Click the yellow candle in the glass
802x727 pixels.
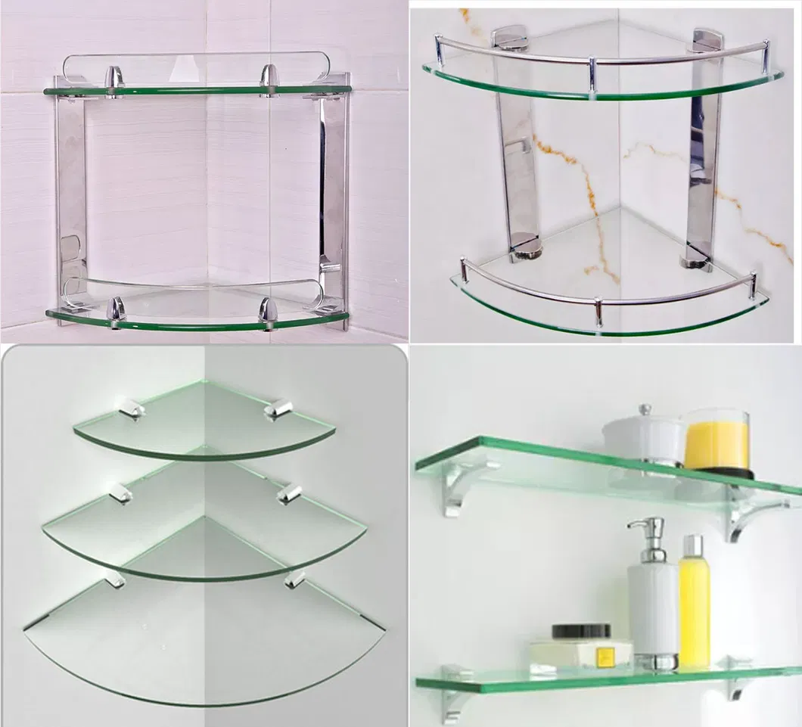click(716, 445)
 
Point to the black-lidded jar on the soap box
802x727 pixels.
click(581, 634)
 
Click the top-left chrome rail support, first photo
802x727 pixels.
click(114, 79)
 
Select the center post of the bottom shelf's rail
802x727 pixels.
click(598, 311)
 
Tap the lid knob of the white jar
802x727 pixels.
click(645, 409)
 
